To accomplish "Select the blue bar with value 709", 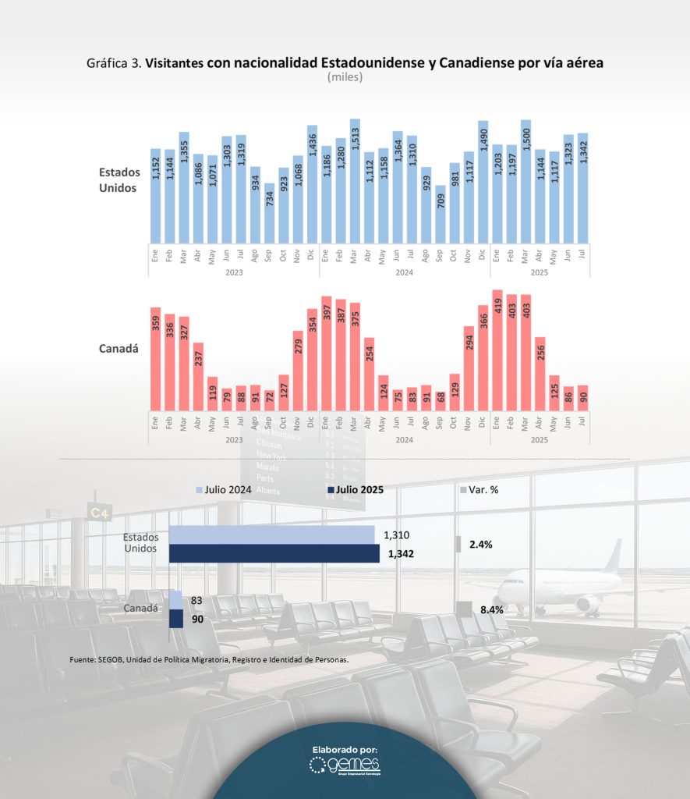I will click(x=441, y=215).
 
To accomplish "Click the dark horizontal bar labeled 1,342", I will click(x=274, y=553).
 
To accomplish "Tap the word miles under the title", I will click(x=345, y=77).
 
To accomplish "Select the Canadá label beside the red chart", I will click(x=119, y=348).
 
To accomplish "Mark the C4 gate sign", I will click(x=100, y=513).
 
